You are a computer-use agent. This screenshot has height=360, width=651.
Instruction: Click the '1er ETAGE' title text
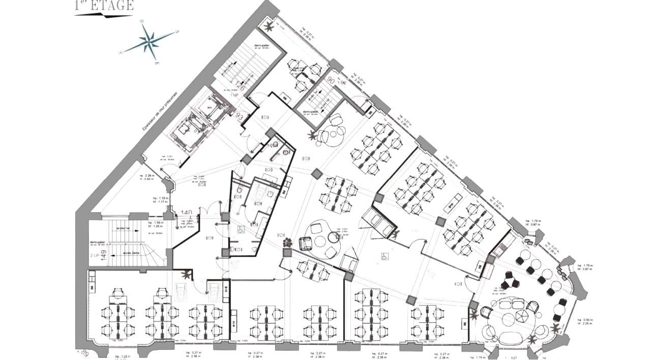click(x=104, y=6)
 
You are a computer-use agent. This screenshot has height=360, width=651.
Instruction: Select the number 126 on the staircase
click(x=241, y=85)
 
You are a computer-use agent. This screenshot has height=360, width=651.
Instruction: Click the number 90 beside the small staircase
click(x=331, y=80)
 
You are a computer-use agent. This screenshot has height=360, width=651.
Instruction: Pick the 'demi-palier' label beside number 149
click(x=97, y=242)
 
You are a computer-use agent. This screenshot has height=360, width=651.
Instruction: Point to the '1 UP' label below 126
click(x=234, y=95)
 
